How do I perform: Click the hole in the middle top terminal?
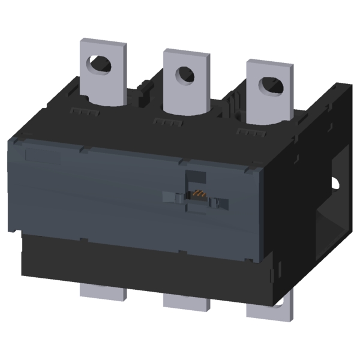click(x=183, y=74)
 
